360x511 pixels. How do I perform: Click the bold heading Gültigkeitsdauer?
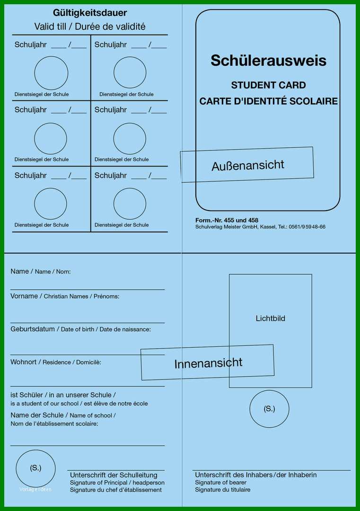90,13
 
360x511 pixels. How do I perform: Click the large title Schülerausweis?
268,60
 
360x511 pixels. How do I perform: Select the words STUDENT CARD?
268,85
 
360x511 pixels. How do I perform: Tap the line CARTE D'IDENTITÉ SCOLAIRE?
268,101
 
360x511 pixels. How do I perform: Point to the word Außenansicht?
247,165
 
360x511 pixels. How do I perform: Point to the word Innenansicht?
208,363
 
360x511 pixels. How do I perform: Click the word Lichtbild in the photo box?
270,318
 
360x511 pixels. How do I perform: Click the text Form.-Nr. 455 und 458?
227,220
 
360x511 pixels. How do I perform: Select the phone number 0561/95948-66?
307,227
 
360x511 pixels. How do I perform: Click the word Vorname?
24,296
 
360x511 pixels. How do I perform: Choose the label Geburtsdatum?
33,329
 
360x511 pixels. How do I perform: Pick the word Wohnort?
24,362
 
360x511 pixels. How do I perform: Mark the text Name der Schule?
37,415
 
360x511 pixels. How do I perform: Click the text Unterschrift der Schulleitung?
114,475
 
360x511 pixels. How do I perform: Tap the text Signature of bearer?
220,482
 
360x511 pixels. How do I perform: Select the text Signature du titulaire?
222,490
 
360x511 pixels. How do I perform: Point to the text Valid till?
50,26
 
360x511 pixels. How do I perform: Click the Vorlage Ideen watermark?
35,490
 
